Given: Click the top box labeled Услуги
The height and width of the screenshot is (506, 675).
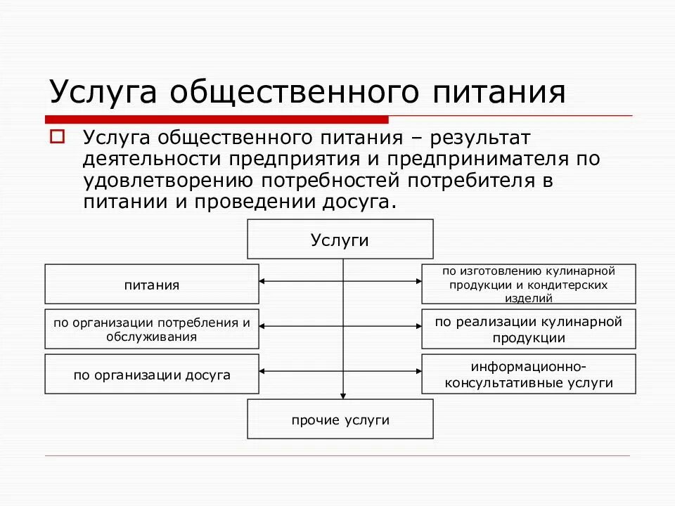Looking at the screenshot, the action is pyautogui.click(x=340, y=240).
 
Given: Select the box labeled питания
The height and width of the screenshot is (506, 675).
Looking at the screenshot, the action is pyautogui.click(x=152, y=284).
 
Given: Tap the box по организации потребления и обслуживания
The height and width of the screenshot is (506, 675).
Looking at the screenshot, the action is pyautogui.click(x=152, y=329).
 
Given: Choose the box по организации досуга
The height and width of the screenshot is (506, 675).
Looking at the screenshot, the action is pyautogui.click(x=152, y=374).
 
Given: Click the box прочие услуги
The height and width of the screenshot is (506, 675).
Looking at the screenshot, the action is pyautogui.click(x=340, y=420).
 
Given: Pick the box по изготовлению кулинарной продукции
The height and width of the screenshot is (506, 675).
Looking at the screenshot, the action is pyautogui.click(x=529, y=284).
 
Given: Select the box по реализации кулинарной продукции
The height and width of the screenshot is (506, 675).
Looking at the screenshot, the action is pyautogui.click(x=529, y=329).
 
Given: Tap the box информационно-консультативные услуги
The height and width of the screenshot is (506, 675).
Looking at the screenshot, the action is pyautogui.click(x=529, y=374).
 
